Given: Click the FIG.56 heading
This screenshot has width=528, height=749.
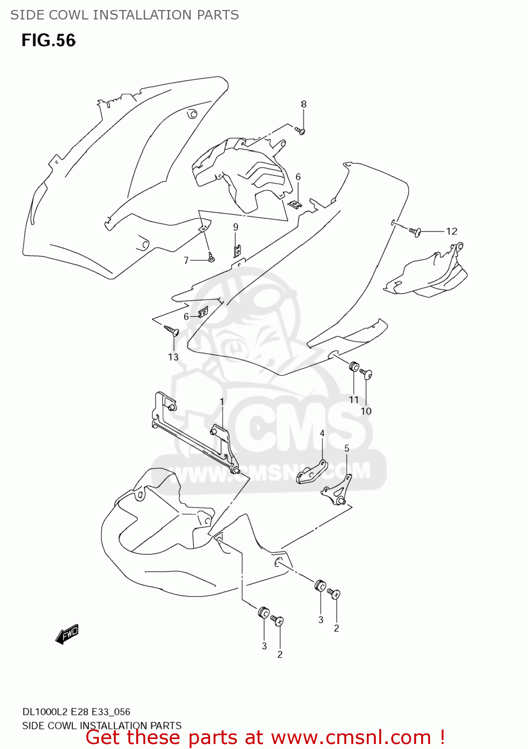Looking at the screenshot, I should [x=48, y=40].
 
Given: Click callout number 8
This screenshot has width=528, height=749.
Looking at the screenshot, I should [x=303, y=104].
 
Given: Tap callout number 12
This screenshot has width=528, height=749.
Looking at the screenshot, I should [x=452, y=231].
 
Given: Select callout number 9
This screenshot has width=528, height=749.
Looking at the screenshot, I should [x=236, y=227].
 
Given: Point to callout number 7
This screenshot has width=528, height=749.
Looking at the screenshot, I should [x=186, y=260].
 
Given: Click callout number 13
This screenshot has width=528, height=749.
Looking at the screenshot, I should [x=173, y=357].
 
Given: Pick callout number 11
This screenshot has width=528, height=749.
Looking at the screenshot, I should [x=354, y=399].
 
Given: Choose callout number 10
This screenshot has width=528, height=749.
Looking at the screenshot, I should [x=366, y=411].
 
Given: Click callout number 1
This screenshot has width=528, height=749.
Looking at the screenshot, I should [x=222, y=402].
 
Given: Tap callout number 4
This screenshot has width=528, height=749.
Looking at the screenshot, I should [x=322, y=433].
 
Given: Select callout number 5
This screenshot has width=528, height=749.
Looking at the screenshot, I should [x=347, y=448].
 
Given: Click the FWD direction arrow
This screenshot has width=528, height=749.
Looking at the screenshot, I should [x=67, y=635].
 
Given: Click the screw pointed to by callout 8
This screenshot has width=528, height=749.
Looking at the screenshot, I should [x=300, y=131].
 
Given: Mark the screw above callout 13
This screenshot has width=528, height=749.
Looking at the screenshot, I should [x=171, y=330].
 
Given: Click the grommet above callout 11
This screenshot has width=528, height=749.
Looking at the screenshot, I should [x=353, y=367].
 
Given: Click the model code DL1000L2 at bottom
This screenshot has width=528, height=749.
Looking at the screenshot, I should [x=44, y=712].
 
